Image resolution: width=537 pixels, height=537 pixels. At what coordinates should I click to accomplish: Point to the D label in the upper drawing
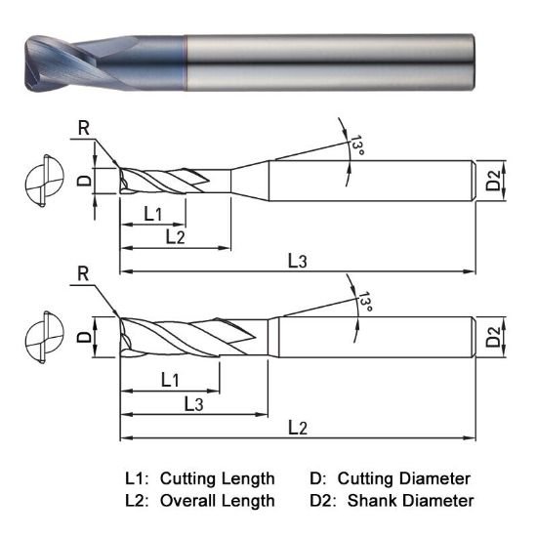pos(85,180)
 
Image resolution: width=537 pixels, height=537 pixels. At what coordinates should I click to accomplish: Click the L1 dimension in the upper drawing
pos(154,212)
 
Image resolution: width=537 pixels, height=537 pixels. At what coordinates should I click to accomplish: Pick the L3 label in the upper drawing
pos(297,261)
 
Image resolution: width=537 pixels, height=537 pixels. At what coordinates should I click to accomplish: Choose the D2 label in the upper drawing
pos(494,180)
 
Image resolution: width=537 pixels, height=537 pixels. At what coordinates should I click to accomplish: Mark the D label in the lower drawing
pos(85,337)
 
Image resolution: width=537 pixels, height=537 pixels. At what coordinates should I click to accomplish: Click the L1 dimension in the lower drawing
pos(168,379)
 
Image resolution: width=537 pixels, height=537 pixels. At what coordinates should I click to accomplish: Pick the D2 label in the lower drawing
pos(494,337)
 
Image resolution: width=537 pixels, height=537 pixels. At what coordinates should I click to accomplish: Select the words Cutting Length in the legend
pos(217,478)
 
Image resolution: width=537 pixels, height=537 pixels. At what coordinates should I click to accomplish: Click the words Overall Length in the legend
pos(217,501)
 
